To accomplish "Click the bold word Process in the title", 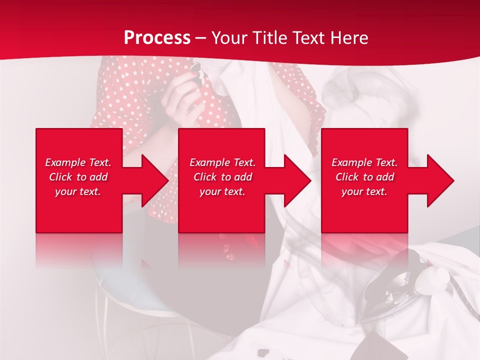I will [x=157, y=38].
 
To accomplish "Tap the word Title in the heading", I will [x=270, y=38].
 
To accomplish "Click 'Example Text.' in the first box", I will [x=78, y=162].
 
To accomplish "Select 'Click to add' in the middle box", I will [x=222, y=177].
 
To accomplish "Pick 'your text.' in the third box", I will [x=364, y=191].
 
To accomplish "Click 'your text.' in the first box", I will [x=78, y=191].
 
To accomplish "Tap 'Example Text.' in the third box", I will [x=364, y=162].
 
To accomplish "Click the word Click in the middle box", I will [x=205, y=177].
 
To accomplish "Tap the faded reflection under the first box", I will [x=79, y=250].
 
